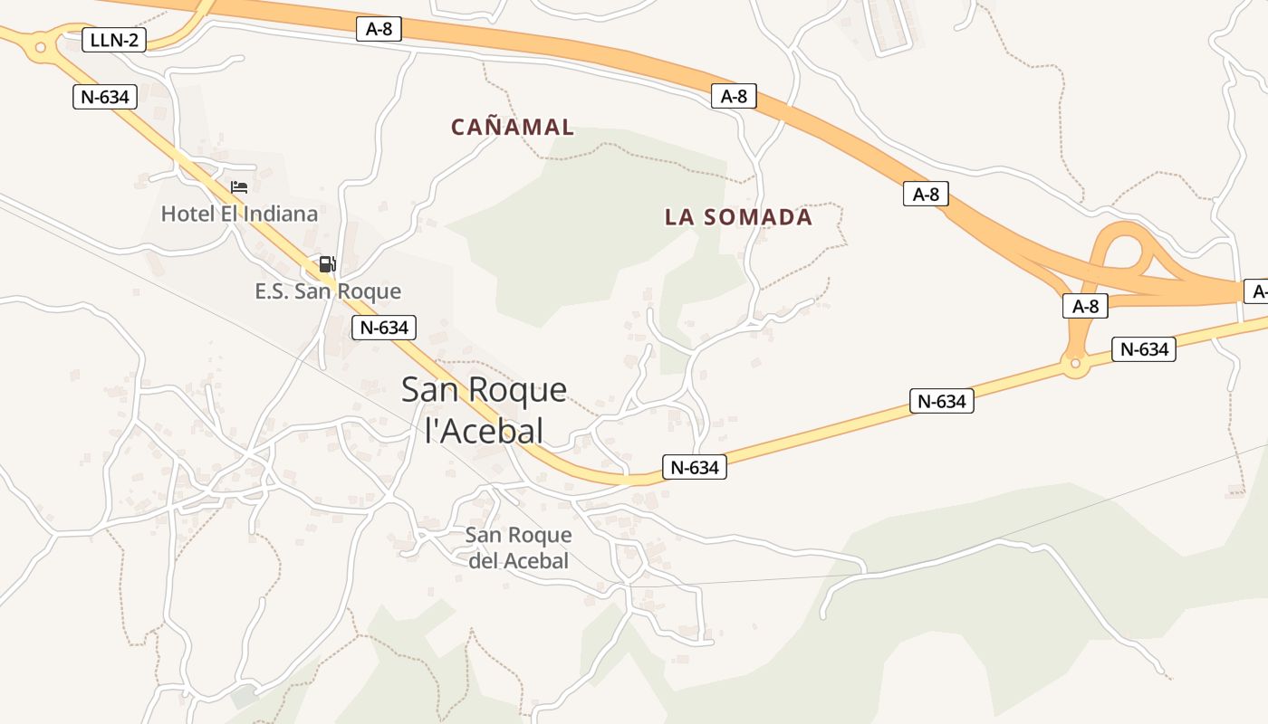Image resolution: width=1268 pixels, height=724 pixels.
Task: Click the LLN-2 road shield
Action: (114, 40)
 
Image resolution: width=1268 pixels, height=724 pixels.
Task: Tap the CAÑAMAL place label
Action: (513, 127)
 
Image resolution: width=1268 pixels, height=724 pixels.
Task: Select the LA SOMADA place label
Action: (738, 217)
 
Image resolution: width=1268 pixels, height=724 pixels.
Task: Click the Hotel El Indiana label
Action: (239, 214)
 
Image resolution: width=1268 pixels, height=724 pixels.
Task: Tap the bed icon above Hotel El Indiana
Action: (239, 187)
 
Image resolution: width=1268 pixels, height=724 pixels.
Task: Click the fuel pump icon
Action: (327, 264)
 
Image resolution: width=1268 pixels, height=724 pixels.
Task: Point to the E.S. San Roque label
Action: (328, 291)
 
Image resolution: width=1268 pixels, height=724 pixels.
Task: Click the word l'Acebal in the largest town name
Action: (485, 431)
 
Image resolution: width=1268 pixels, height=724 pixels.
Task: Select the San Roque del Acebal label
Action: (518, 548)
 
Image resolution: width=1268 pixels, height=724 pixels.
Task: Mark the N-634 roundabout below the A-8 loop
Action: (1075, 365)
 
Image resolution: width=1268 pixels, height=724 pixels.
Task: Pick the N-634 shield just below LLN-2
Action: (105, 97)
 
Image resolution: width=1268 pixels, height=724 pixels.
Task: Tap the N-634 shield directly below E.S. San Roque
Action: (384, 327)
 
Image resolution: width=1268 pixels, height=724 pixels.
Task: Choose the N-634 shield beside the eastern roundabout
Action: (1143, 349)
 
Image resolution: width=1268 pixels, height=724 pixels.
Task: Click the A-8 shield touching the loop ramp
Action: (1085, 306)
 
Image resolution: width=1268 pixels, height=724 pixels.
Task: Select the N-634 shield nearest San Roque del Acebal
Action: (695, 467)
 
